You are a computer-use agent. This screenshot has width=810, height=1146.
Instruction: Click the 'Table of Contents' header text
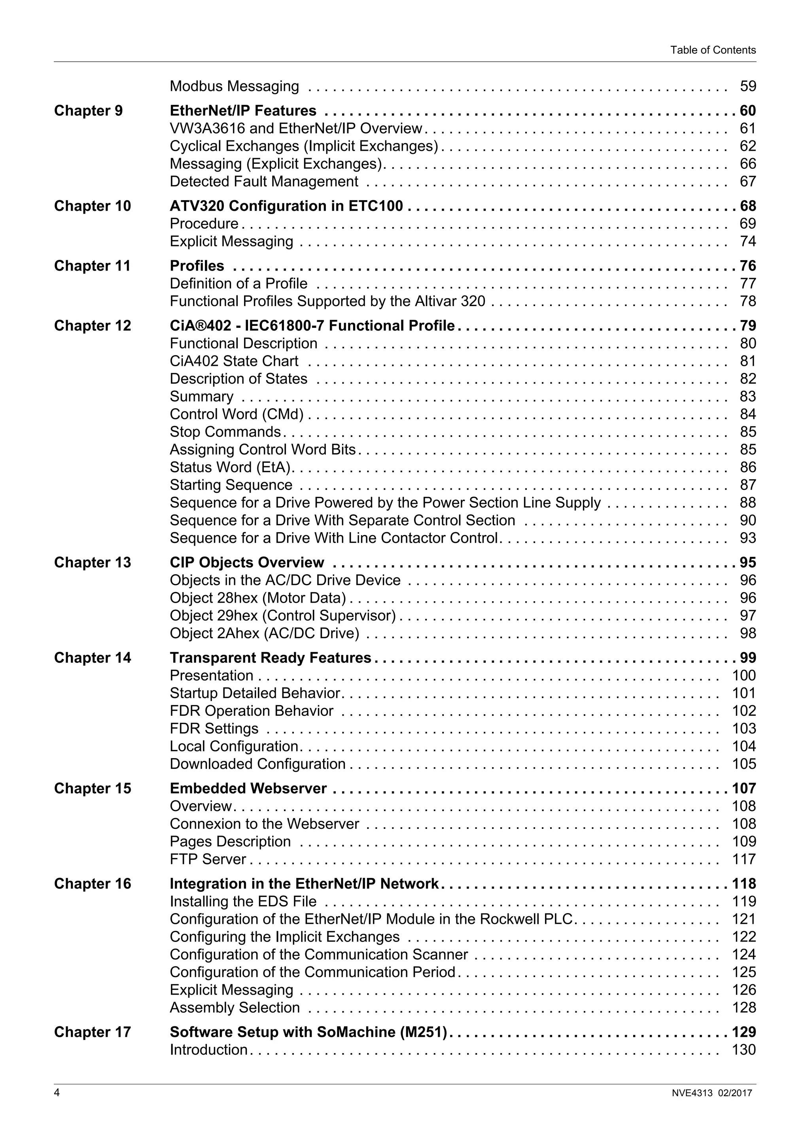point(713,50)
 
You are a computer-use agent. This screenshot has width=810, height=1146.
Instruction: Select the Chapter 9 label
point(88,110)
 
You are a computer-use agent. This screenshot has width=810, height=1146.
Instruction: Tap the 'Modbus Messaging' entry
point(234,86)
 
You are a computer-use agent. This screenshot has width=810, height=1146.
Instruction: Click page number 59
point(748,86)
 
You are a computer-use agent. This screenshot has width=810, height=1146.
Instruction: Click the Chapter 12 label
point(92,325)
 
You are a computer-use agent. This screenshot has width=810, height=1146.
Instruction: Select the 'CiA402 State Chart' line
point(234,361)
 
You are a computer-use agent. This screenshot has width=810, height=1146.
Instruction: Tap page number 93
point(748,537)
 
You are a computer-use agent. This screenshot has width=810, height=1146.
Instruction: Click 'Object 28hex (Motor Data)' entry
point(257,598)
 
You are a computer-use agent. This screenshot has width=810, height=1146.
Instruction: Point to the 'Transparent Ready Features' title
point(270,658)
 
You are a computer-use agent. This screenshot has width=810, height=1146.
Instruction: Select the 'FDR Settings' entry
point(214,729)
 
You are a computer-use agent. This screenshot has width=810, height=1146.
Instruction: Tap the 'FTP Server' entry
point(208,859)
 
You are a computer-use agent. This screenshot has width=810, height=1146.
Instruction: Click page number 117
point(744,859)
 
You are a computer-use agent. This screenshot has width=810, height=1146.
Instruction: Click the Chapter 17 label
point(92,1032)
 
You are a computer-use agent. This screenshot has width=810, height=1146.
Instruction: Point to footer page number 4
point(57,1093)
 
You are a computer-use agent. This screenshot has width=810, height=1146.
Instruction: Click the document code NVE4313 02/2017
point(711,1093)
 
